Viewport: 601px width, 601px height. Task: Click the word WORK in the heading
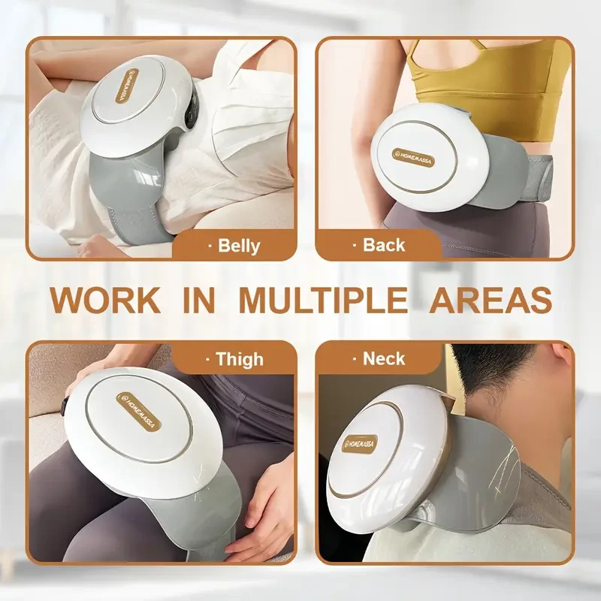[x=105, y=299]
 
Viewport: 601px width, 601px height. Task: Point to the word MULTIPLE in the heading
[x=323, y=299]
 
